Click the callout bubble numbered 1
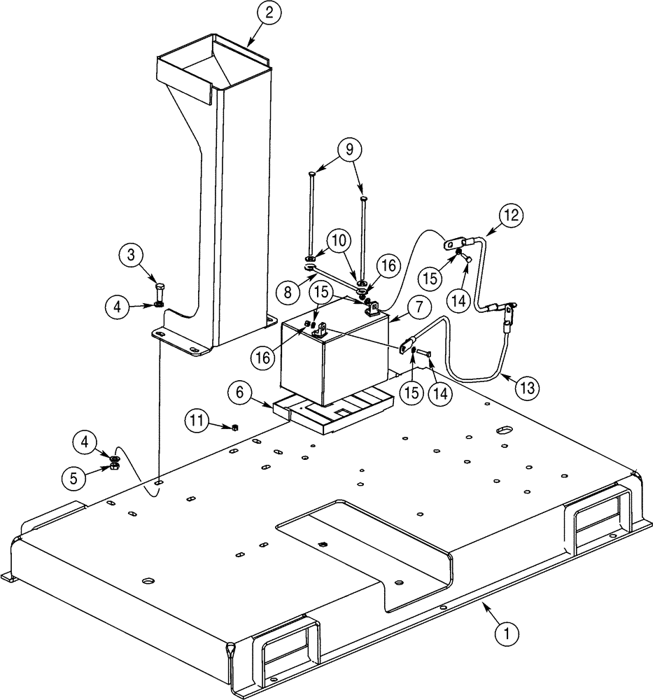(x=507, y=634)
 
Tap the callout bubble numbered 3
(x=131, y=255)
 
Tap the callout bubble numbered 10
(x=339, y=240)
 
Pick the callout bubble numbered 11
(x=199, y=421)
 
